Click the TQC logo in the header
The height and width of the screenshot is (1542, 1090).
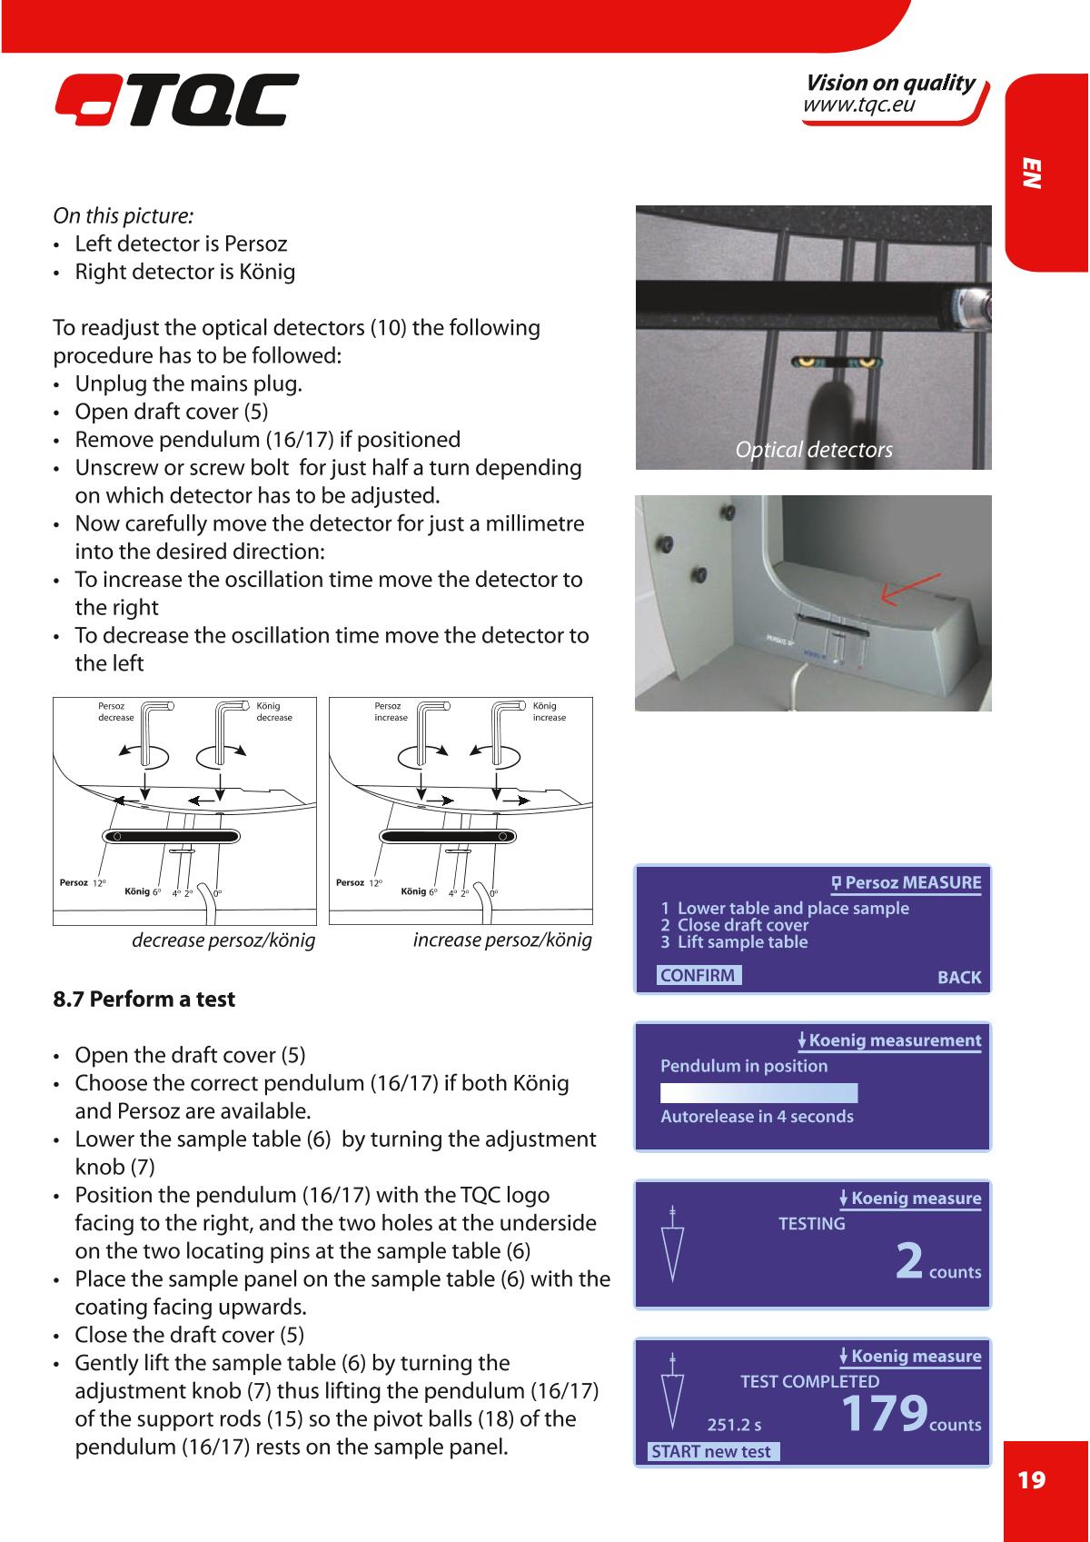(175, 101)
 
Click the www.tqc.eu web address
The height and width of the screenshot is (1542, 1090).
(858, 105)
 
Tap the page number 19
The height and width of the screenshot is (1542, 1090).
(1031, 1480)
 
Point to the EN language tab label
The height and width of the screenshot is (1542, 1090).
(1032, 174)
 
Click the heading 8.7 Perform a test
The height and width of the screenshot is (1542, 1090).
(144, 1000)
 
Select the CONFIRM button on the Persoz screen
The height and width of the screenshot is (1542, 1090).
(699, 975)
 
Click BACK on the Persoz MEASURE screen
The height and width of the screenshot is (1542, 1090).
(958, 978)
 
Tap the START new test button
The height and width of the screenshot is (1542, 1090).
(712, 1451)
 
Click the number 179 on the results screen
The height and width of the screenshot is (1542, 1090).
(884, 1412)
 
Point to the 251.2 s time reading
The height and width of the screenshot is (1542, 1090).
(734, 1425)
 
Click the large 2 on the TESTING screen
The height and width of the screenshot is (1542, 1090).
(910, 1260)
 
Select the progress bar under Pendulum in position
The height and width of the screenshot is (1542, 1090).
(758, 1092)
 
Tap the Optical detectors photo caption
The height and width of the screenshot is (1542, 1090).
(814, 450)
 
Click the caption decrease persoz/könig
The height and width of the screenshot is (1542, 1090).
(223, 940)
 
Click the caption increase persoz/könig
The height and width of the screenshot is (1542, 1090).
(502, 940)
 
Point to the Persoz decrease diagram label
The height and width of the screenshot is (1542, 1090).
(115, 711)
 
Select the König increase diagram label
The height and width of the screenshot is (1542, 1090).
(549, 711)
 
